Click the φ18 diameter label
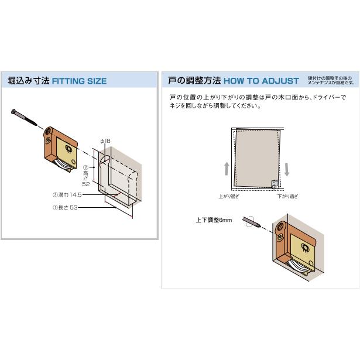[105, 140]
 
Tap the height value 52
[86, 184]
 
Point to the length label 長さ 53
[66, 207]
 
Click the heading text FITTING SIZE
[79, 81]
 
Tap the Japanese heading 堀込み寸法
[28, 81]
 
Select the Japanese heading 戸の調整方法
[194, 81]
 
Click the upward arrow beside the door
[227, 169]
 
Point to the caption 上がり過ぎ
[229, 197]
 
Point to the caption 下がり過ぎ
[287, 197]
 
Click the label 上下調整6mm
[214, 221]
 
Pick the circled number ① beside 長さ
[54, 207]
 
